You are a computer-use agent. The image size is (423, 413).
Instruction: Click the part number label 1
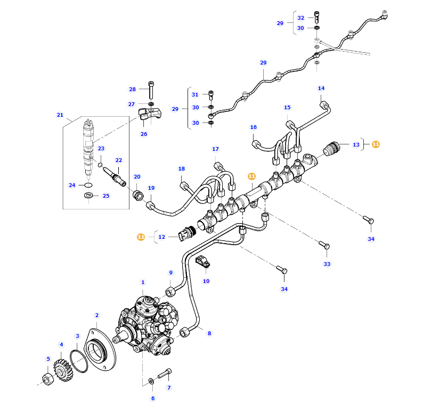point(143,282)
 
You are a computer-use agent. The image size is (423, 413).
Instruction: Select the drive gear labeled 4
point(63,368)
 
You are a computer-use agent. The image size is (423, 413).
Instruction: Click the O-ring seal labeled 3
point(79,360)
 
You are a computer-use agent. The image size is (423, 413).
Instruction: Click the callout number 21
point(60,115)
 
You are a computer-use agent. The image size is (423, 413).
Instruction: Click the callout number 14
point(321,88)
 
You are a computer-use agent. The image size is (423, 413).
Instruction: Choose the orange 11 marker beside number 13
point(376,144)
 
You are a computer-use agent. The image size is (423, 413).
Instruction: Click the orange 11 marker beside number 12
point(141,237)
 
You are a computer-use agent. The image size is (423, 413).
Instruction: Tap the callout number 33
point(327,264)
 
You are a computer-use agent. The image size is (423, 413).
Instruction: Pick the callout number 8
point(209,334)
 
